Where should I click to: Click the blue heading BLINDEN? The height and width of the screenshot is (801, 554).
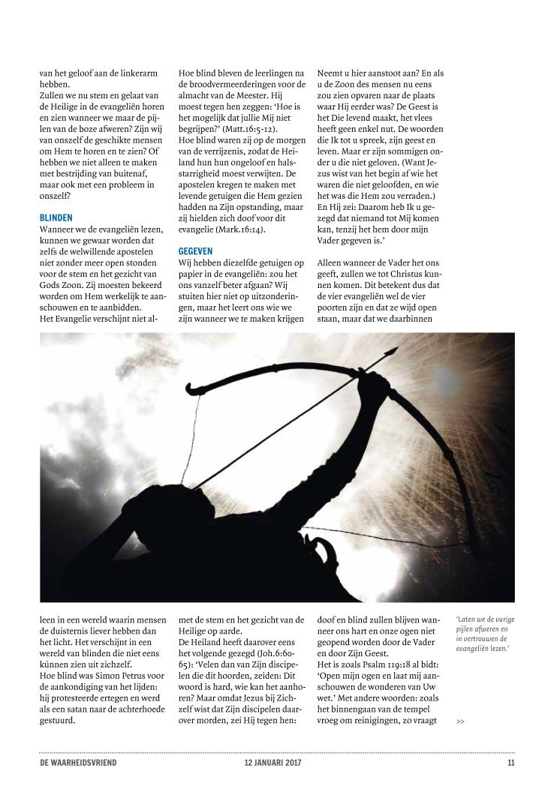[x=56, y=217]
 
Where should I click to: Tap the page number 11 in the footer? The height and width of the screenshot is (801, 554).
[x=510, y=763]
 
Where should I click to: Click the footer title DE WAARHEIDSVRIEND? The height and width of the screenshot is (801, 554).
[x=78, y=763]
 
